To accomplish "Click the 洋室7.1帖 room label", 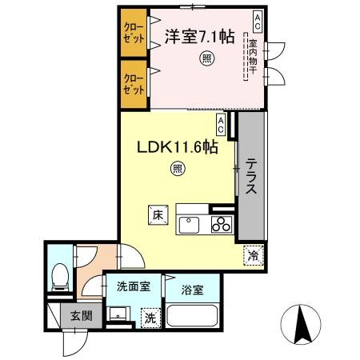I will click(200, 36).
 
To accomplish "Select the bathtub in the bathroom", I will click(193, 318).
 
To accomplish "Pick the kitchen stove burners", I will click(220, 225).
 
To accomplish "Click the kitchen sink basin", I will click(190, 225).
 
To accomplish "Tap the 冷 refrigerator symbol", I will click(254, 258).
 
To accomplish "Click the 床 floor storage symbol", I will click(158, 214).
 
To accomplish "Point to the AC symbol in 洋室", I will click(258, 17).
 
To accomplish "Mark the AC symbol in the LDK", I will click(221, 122).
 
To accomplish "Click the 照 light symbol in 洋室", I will click(206, 58).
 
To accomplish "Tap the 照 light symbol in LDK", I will click(177, 168).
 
